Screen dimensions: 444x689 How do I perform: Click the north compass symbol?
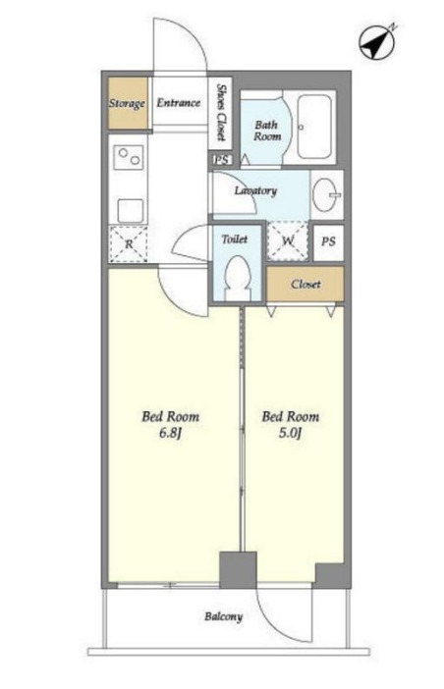[377, 41]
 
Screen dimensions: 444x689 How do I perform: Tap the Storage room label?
[127, 103]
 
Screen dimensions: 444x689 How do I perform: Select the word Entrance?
[179, 102]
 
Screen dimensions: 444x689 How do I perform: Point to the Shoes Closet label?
[221, 113]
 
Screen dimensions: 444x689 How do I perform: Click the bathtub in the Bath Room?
[313, 127]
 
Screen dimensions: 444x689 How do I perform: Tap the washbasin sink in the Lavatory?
[327, 194]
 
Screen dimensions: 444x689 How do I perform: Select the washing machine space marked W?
[288, 240]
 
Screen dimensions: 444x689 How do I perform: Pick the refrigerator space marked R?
[129, 243]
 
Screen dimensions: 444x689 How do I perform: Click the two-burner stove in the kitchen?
[129, 157]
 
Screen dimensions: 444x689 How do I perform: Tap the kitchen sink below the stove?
[130, 211]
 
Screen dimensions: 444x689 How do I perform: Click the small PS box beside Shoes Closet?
[222, 160]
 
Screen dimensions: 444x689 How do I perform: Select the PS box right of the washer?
[328, 241]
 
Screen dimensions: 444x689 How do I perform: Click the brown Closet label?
[305, 284]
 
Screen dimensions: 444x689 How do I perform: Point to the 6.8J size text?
[170, 433]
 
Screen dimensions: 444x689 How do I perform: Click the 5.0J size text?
[290, 433]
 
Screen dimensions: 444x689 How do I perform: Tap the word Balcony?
[223, 616]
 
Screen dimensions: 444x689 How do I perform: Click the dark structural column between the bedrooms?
[238, 570]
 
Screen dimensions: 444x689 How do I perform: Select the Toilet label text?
[235, 239]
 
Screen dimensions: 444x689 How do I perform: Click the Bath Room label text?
[267, 131]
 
